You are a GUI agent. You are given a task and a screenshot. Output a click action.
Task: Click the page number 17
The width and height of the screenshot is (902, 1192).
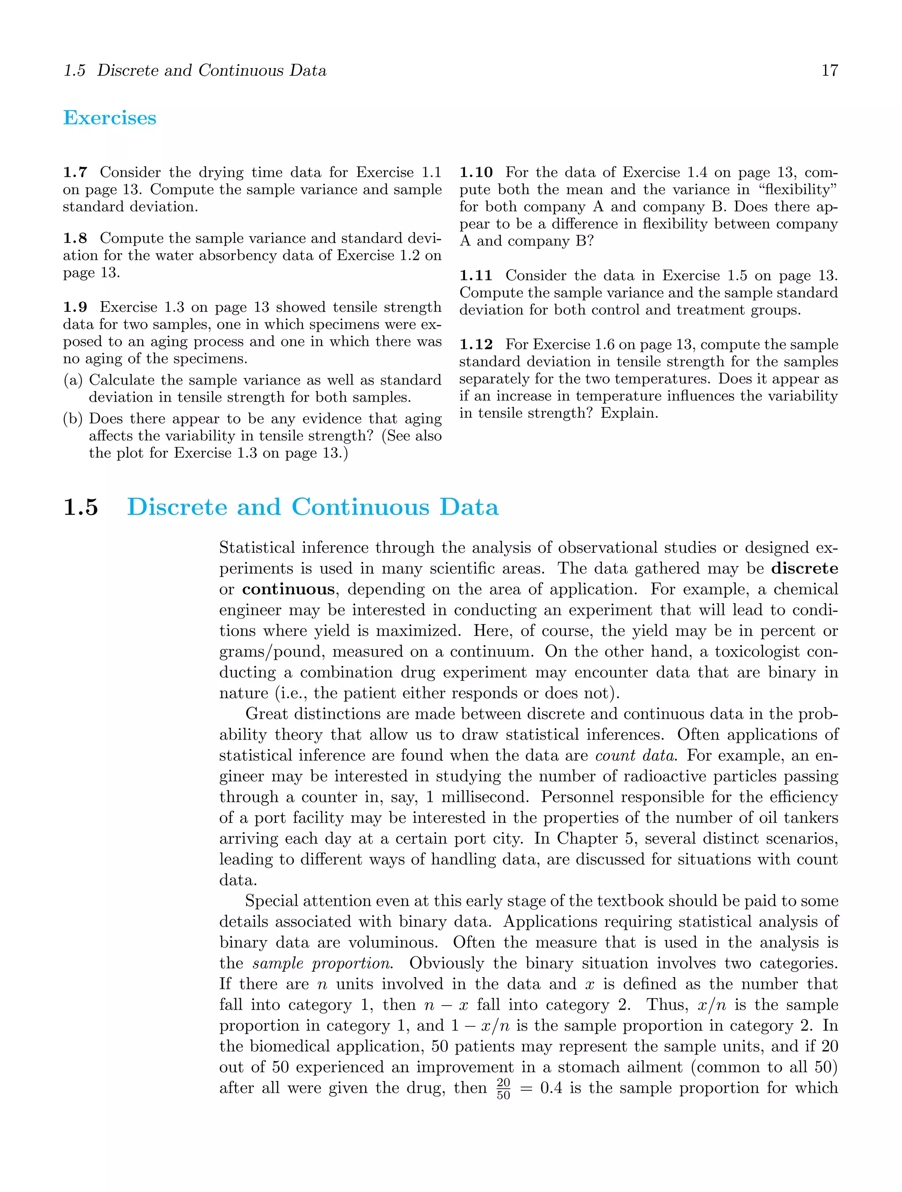[829, 70]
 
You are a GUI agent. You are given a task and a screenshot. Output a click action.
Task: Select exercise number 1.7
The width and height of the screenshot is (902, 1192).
[75, 172]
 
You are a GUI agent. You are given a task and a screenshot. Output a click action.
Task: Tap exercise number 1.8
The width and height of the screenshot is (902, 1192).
[75, 238]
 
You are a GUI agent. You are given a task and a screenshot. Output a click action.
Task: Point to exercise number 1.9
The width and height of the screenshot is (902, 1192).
[75, 307]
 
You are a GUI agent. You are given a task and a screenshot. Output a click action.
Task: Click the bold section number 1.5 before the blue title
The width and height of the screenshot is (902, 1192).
[81, 507]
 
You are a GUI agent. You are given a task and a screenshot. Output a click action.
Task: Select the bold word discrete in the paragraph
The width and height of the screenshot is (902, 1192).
[805, 569]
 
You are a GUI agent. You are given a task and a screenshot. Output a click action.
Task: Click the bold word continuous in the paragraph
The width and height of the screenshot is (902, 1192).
[288, 589]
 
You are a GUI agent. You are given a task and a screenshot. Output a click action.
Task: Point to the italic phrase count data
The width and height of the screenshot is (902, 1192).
[635, 755]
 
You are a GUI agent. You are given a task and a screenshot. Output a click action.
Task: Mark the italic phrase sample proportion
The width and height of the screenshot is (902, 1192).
[322, 963]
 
